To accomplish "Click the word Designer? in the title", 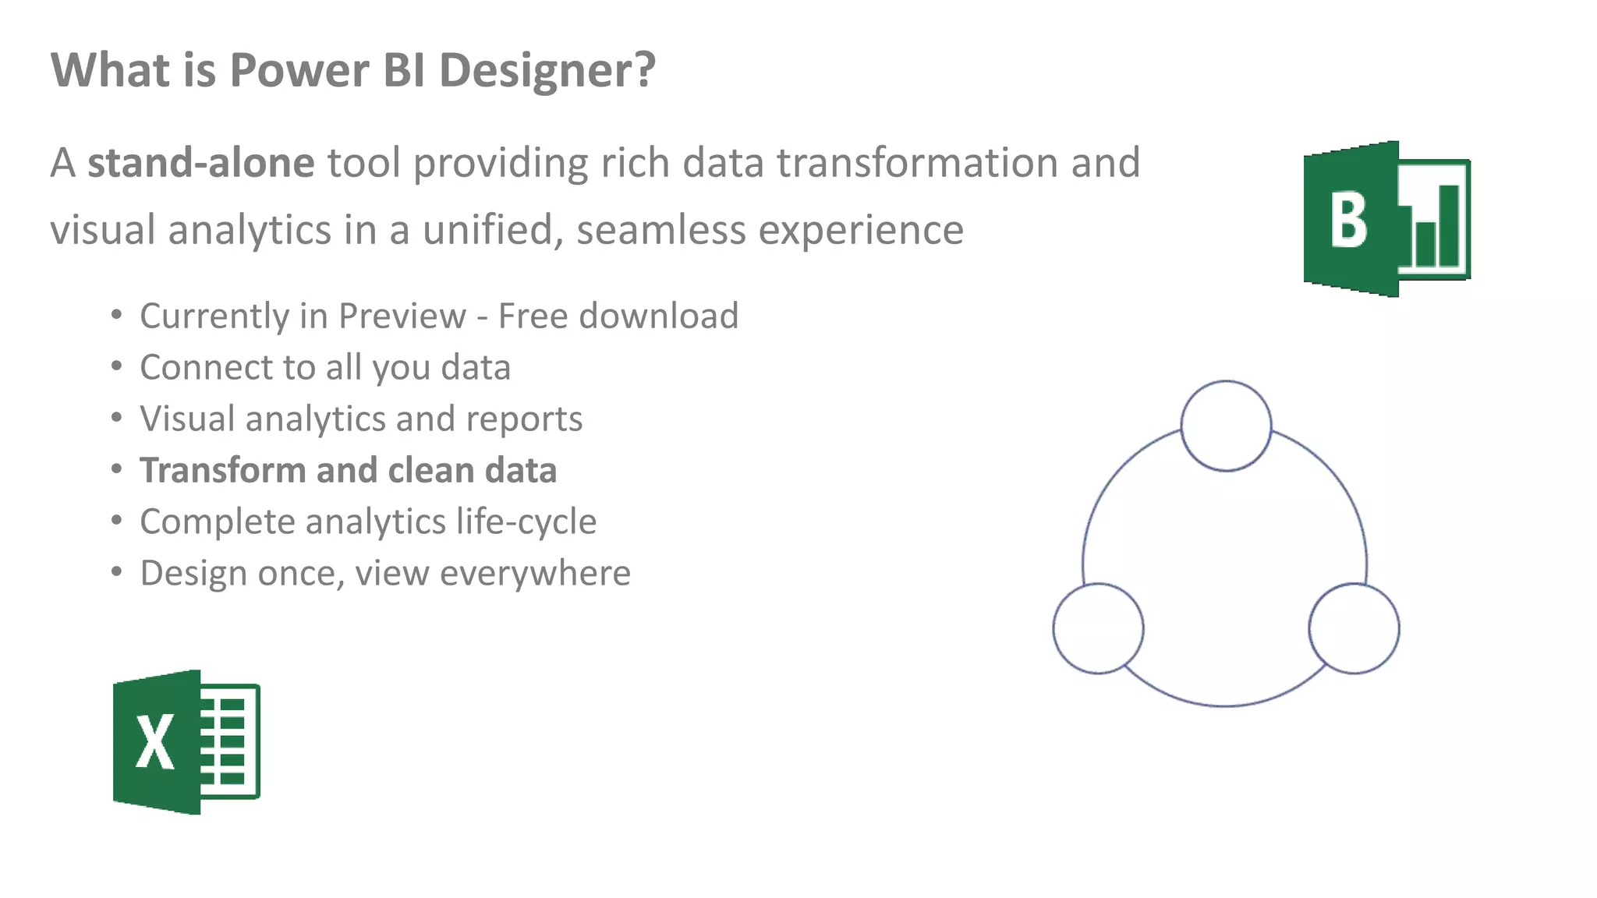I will [547, 71].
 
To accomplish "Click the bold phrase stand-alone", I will [200, 164].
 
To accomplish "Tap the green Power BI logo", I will [1386, 219].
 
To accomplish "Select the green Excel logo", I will [186, 741].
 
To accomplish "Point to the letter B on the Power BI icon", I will [1348, 221].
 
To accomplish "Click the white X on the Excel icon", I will [154, 743].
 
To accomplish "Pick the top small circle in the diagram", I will [1226, 426].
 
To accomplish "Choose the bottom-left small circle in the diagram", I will [1098, 628].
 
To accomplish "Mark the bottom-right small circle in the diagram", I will [1354, 628].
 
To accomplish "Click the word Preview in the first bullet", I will [402, 316].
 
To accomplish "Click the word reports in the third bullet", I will [524, 419].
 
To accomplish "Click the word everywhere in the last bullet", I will [535, 574].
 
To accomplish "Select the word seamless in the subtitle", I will [660, 231].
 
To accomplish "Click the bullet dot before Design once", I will [116, 572].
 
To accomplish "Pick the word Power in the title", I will [299, 71].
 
